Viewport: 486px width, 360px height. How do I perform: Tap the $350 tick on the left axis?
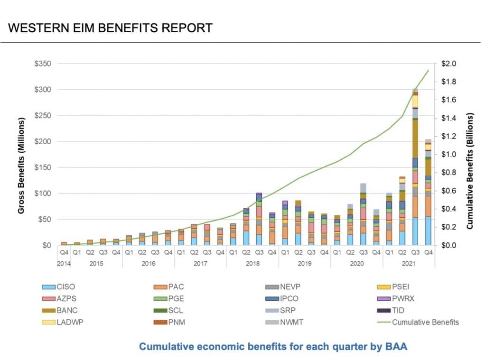click(x=47, y=64)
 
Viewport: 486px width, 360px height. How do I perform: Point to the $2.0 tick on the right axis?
click(x=449, y=64)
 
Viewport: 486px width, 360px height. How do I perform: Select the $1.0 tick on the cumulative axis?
click(x=449, y=155)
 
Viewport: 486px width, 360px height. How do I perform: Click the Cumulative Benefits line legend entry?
click(x=418, y=323)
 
